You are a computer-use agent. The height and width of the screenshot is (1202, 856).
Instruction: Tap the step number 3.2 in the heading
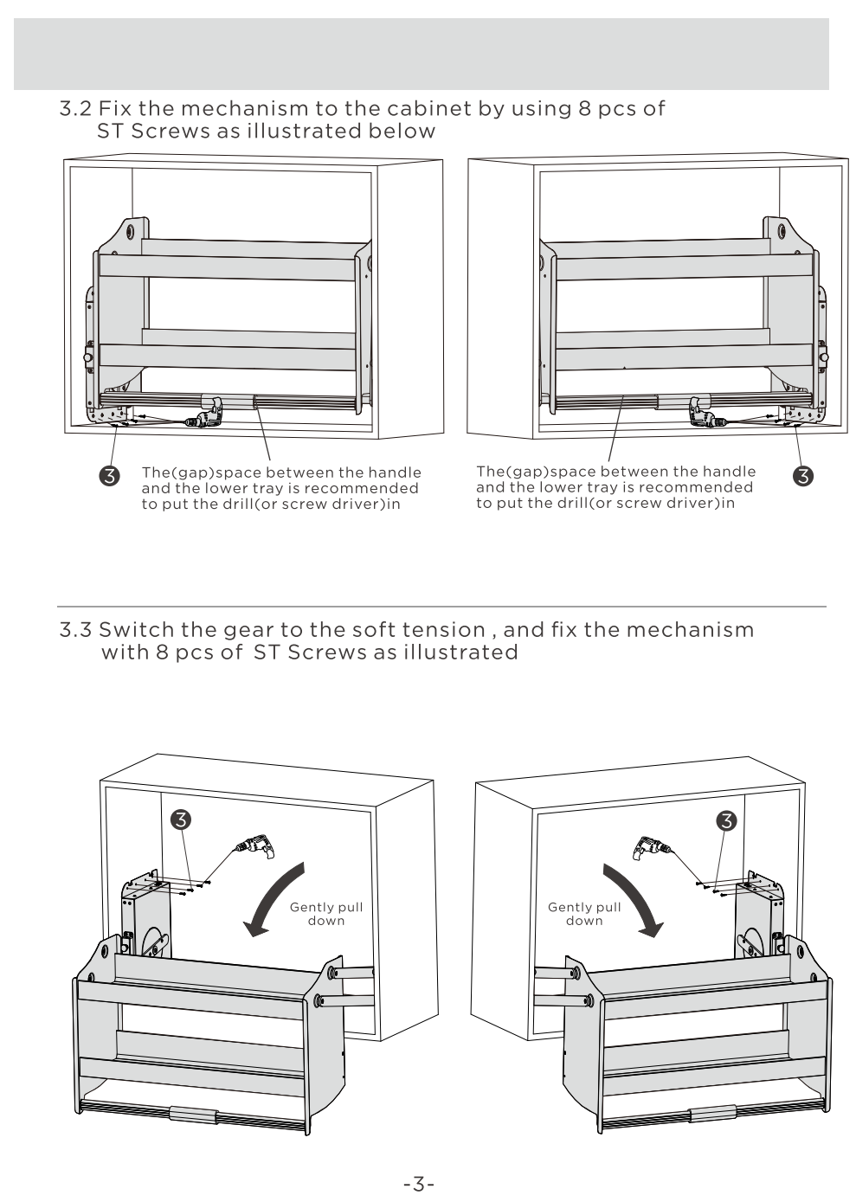75,109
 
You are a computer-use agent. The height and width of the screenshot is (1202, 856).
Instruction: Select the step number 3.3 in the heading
75,630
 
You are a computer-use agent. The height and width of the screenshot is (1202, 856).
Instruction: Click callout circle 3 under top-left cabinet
110,475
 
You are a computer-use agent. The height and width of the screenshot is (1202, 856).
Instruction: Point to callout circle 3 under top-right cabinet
802,475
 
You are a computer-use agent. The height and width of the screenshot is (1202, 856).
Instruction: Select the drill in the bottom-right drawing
650,845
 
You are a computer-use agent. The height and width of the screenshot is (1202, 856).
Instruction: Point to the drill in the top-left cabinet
208,419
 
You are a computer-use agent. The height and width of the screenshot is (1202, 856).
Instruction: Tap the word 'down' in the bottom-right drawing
584,921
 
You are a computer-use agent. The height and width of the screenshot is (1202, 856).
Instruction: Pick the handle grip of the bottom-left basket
192,1114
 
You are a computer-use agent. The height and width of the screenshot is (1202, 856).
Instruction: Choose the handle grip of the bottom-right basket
712,1114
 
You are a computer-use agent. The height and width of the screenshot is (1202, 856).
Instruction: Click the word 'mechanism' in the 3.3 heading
690,630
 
